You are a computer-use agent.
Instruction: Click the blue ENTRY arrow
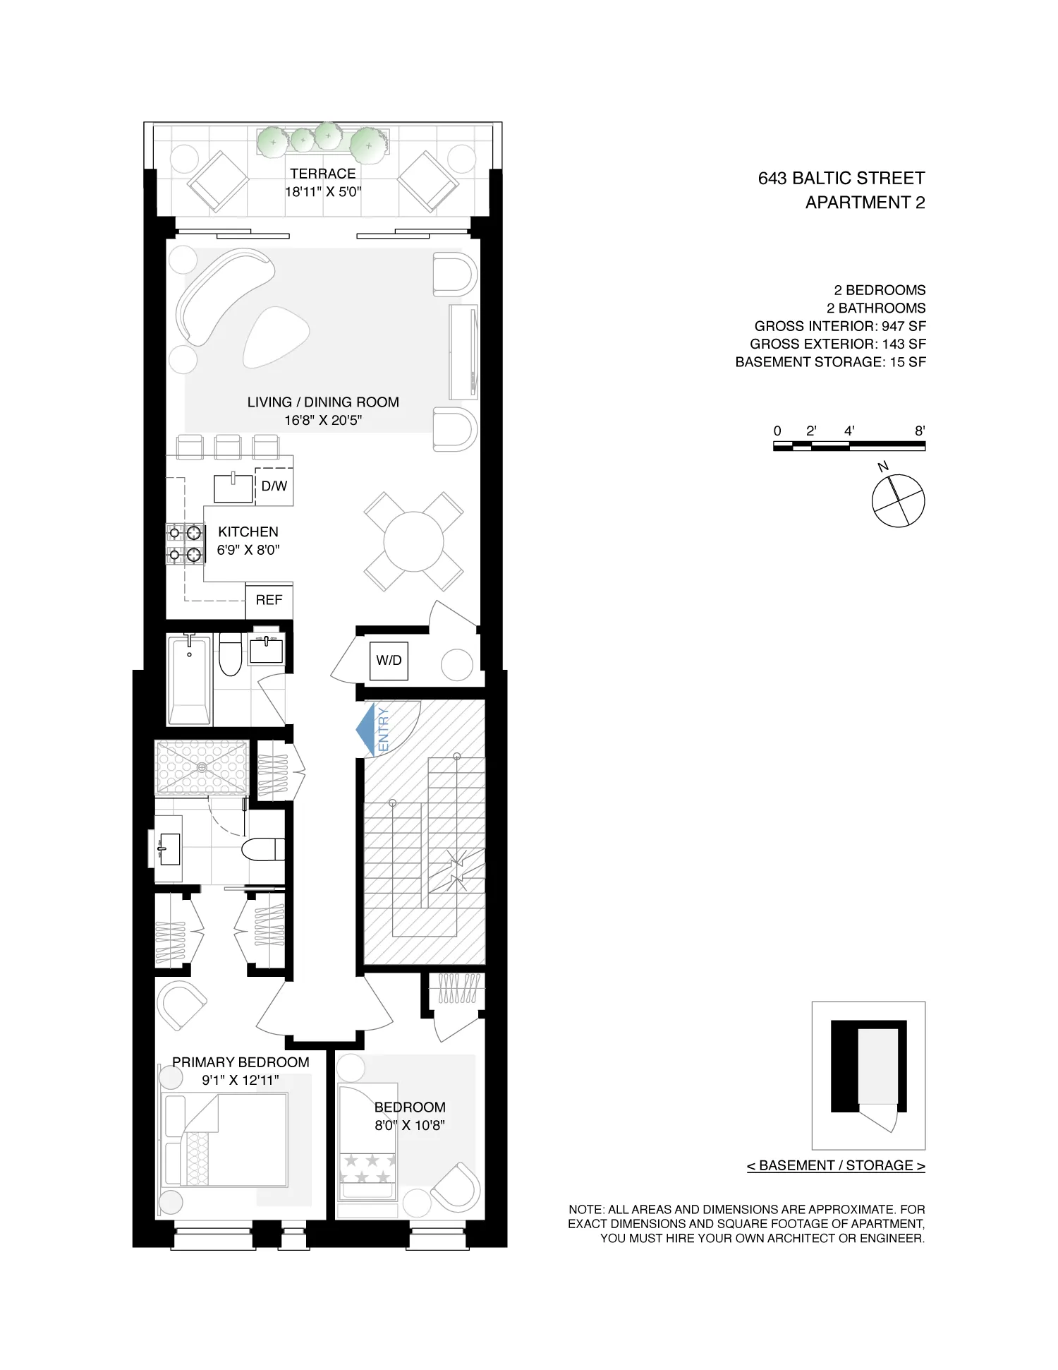tap(366, 729)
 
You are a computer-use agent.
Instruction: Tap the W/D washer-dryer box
tap(389, 661)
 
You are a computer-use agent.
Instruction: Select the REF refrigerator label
tap(269, 600)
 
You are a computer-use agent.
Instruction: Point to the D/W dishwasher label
tap(274, 486)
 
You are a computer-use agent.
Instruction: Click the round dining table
tap(413, 541)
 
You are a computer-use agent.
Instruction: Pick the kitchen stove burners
tap(185, 543)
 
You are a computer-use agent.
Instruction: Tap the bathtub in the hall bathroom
tap(190, 680)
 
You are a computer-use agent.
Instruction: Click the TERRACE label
tap(323, 174)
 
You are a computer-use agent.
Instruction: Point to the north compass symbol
tap(898, 500)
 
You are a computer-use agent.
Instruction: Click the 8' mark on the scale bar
tap(920, 431)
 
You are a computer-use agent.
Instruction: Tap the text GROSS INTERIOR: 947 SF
tap(839, 326)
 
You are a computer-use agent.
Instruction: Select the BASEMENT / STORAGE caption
tap(836, 1165)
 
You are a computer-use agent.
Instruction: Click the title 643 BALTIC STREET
tap(841, 179)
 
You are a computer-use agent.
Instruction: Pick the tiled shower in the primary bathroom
tap(202, 767)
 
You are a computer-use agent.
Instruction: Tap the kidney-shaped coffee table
tap(276, 337)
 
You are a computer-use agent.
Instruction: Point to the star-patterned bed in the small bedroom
tap(367, 1142)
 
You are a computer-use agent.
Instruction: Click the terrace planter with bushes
tap(322, 140)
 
